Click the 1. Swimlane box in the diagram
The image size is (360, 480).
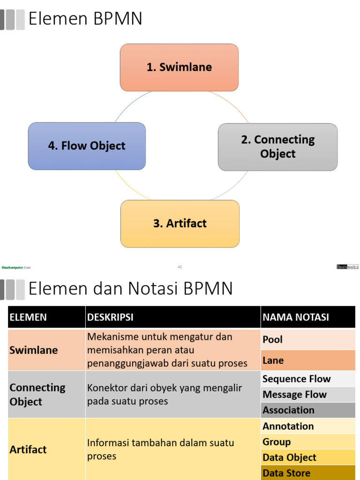[179, 67]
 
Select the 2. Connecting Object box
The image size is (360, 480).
[277, 147]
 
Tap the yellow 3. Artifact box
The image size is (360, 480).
[180, 224]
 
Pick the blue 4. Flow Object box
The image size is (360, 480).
[87, 146]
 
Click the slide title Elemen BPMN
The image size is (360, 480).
[85, 19]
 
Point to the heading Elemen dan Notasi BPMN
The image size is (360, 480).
[130, 288]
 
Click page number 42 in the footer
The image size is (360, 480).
[180, 267]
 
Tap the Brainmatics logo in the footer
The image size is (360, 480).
[347, 267]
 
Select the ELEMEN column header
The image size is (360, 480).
[28, 317]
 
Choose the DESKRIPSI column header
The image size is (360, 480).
[110, 317]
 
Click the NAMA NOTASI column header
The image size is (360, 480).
[296, 317]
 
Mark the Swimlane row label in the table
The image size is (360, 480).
[34, 350]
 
